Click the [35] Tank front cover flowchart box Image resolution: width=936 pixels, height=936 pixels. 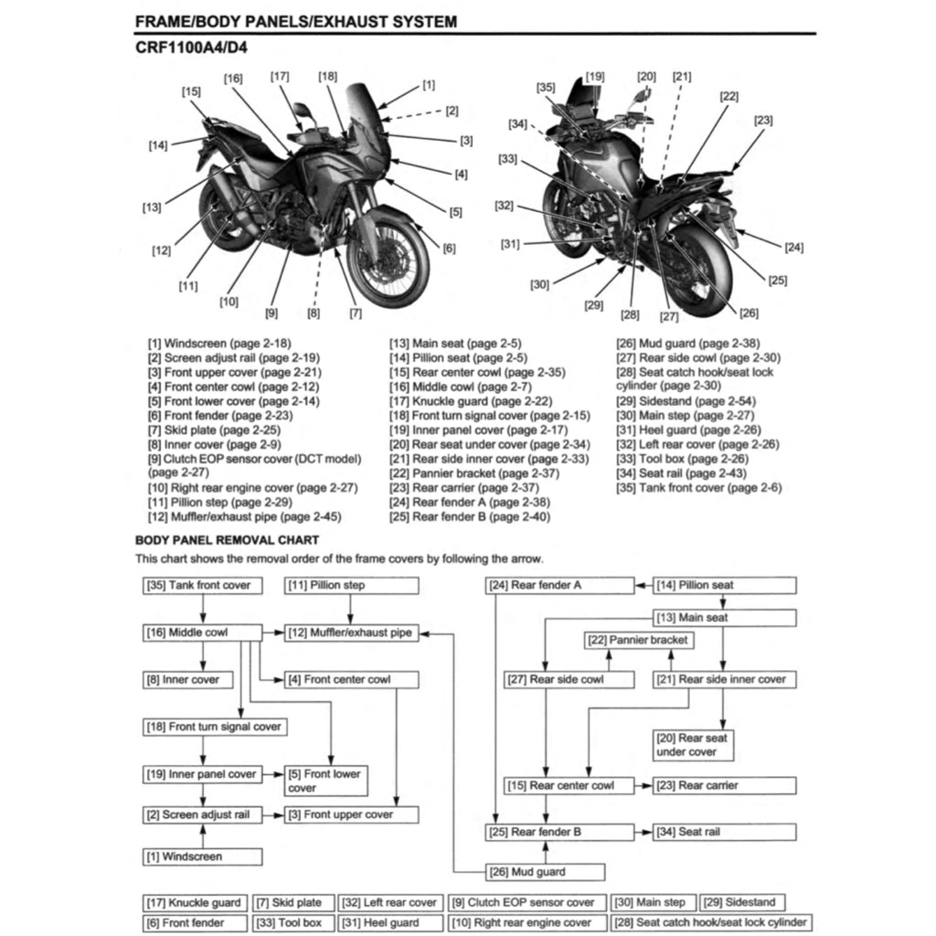pyautogui.click(x=202, y=585)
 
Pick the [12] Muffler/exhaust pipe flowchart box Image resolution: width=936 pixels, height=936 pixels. pyautogui.click(x=348, y=633)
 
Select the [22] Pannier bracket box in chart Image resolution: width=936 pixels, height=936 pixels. pyautogui.click(x=637, y=640)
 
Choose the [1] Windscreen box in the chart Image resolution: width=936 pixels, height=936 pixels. pyautogui.click(x=202, y=857)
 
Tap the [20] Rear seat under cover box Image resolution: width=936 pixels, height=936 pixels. pyautogui.click(x=692, y=745)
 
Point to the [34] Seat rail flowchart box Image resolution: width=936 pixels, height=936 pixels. pyautogui.click(x=724, y=832)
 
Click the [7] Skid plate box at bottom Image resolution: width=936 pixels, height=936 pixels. pyautogui.click(x=289, y=903)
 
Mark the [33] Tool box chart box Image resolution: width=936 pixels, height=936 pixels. pyautogui.click(x=289, y=923)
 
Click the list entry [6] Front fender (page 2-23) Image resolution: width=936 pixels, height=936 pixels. pyautogui.click(x=220, y=415)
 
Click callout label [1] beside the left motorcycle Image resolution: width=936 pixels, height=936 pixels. pyautogui.click(x=429, y=85)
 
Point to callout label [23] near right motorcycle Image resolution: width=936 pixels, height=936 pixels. pyautogui.click(x=763, y=120)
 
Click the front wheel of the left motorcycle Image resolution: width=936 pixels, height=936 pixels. pyautogui.click(x=388, y=264)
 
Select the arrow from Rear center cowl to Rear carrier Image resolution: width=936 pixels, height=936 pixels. pyautogui.click(x=643, y=785)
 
